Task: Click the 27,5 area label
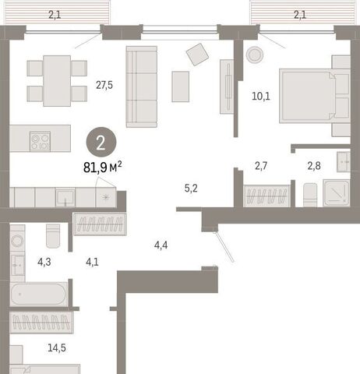coord(104,85)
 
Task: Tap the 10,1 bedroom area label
coord(261,97)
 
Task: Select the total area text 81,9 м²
coord(102,168)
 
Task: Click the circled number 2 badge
coord(101,142)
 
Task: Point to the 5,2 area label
coord(191,189)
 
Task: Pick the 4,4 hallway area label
coord(161,245)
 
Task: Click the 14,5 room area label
coord(57,348)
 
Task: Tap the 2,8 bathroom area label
coord(314,166)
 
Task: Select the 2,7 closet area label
coord(261,166)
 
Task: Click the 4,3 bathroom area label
coord(44,262)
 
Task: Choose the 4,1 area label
coord(92,262)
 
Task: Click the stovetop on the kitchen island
coord(40,141)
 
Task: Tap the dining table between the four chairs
coord(57,81)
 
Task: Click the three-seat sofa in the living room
coord(142,86)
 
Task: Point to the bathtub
coord(39,295)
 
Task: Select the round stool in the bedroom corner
coord(255,55)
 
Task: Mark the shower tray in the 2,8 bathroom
coord(337,192)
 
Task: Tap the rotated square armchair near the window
coord(197,55)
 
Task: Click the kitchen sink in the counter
coord(65,197)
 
